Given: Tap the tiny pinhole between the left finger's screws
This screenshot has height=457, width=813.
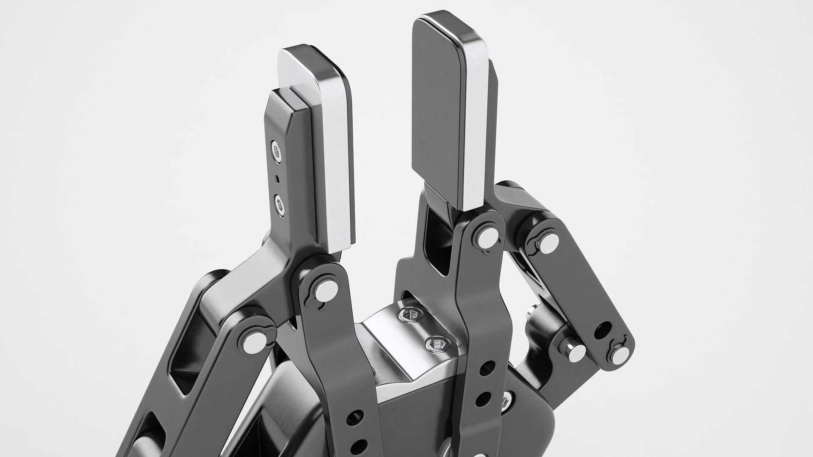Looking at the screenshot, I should point(277,179).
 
